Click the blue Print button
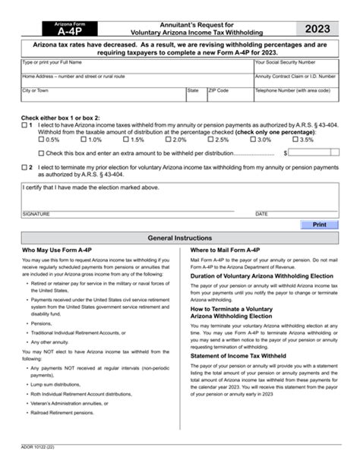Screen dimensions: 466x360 click(319, 225)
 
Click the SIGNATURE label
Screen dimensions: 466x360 click(37, 214)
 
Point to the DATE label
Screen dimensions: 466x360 click(261, 214)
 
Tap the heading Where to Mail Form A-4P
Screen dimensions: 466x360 click(225, 250)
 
